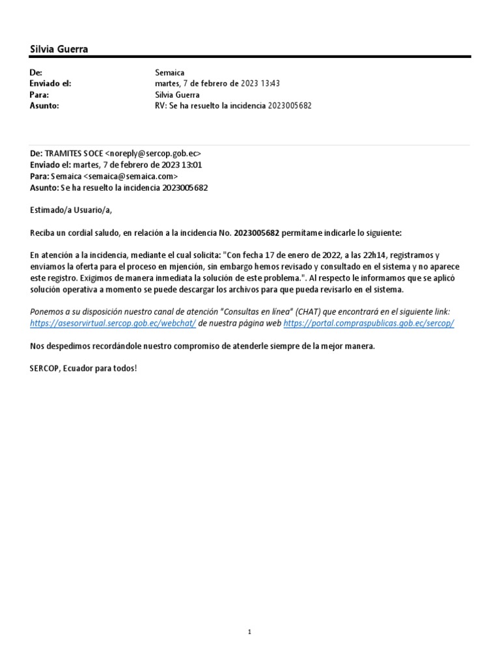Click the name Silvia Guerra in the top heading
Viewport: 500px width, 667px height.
tap(59, 50)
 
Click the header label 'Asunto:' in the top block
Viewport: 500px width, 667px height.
tap(44, 105)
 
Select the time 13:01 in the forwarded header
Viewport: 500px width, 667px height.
tap(193, 165)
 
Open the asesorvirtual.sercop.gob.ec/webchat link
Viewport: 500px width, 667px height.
tap(113, 324)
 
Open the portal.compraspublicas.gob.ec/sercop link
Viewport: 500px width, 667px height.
tap(369, 324)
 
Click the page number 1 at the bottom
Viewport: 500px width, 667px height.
tap(249, 632)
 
